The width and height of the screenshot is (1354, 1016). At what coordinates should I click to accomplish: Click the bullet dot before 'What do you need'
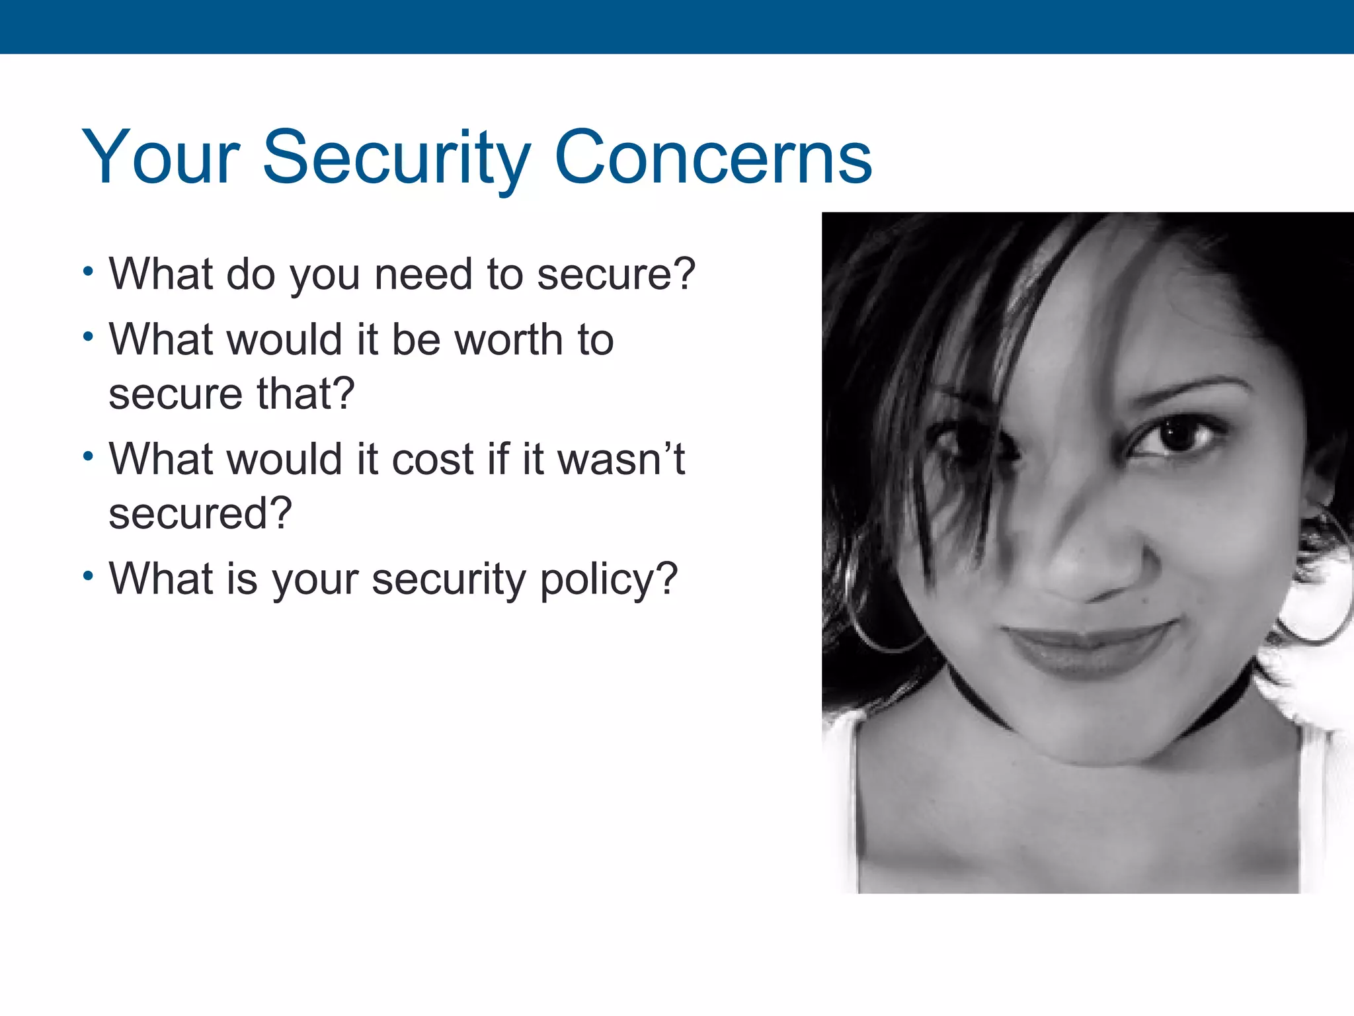click(x=89, y=271)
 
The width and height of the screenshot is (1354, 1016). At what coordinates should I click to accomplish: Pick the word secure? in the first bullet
click(x=616, y=274)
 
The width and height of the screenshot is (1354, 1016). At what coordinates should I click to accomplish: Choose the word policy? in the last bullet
click(x=609, y=579)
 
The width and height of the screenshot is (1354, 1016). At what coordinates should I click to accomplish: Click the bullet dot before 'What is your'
click(x=89, y=575)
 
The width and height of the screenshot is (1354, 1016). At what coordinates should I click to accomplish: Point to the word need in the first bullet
click(x=422, y=274)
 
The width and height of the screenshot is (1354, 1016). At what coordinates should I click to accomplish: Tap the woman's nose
click(x=1084, y=562)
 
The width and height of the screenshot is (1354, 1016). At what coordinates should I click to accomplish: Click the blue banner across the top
click(x=677, y=26)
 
